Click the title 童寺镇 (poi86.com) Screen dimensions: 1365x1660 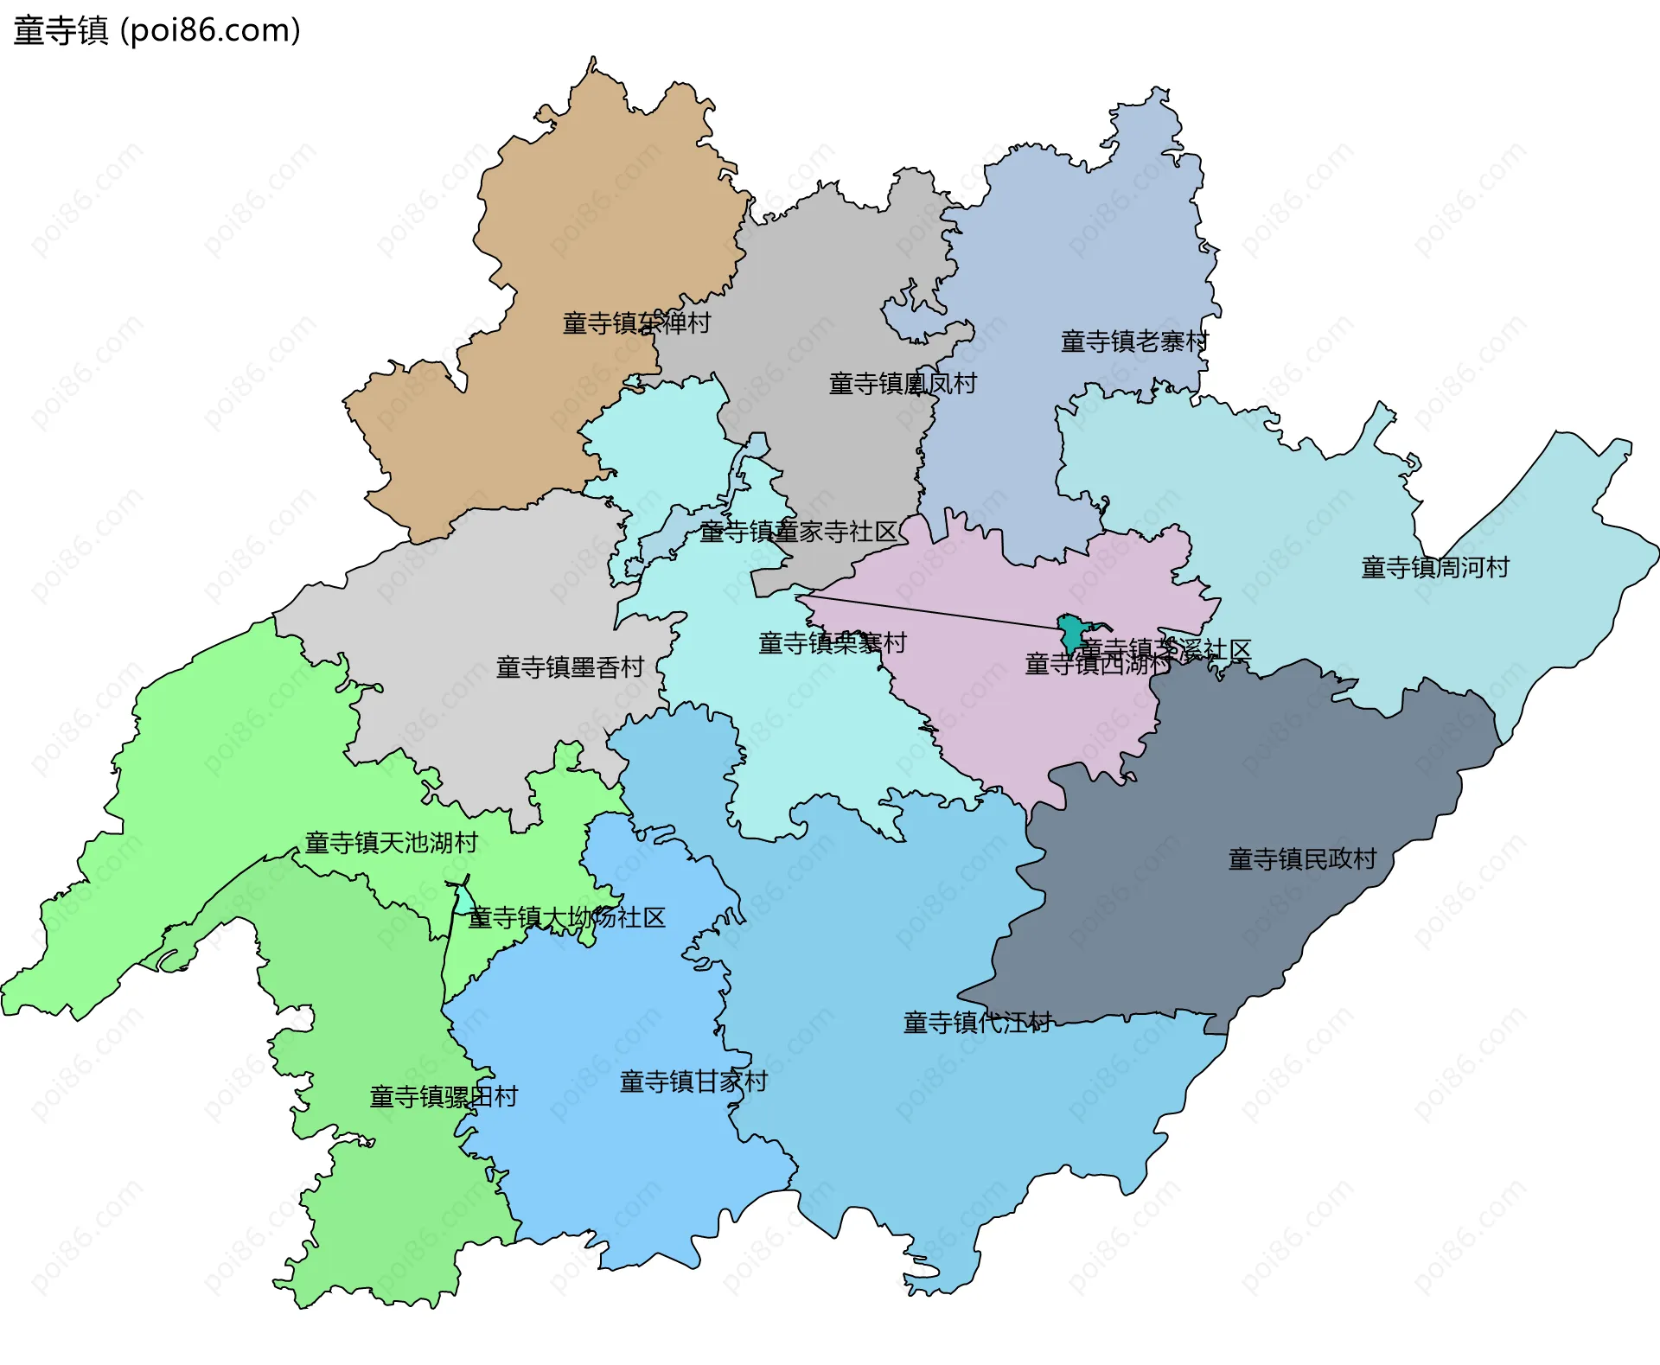coord(156,30)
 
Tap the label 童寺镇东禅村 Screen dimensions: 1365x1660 coord(636,323)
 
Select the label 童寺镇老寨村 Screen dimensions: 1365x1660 coord(1133,341)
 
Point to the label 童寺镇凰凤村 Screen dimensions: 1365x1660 coord(903,383)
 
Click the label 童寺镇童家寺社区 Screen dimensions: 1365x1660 coord(798,532)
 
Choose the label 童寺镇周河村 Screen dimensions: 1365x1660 coord(1434,567)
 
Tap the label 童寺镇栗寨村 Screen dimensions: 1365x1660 coord(832,643)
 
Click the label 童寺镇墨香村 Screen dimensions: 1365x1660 coord(570,667)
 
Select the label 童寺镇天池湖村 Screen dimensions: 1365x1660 coord(391,842)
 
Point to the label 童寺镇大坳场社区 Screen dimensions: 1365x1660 coord(566,917)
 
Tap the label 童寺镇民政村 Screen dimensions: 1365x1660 coord(1301,858)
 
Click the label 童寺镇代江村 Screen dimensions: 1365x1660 coord(977,1023)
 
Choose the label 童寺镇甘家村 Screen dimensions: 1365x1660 coord(693,1081)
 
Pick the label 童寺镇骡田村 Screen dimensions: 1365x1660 coord(444,1096)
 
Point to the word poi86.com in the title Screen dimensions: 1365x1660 coord(210,30)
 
